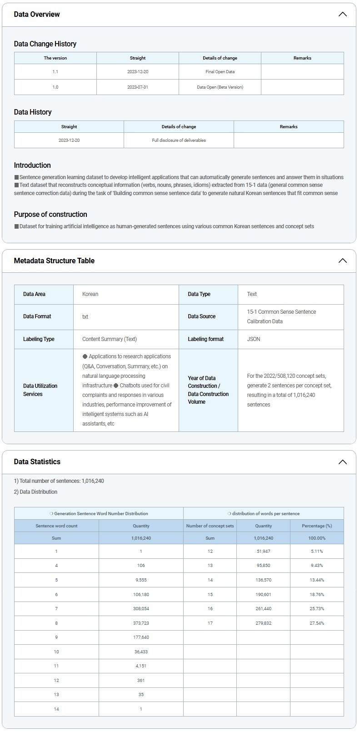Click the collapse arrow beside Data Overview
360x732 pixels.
click(x=343, y=14)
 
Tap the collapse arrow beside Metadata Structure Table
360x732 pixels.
click(x=343, y=261)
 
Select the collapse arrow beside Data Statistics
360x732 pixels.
click(x=343, y=462)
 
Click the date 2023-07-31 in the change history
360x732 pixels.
click(x=138, y=87)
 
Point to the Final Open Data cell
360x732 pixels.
click(x=220, y=72)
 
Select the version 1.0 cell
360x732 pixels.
click(x=55, y=87)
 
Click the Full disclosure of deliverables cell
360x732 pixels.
click(x=179, y=140)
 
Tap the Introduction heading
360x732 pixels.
click(x=32, y=165)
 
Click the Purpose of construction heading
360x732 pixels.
click(x=50, y=214)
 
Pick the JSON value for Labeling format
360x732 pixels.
click(x=254, y=339)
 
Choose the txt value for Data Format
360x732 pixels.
click(x=85, y=316)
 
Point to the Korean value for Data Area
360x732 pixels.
click(x=90, y=294)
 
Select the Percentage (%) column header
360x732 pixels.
click(x=317, y=526)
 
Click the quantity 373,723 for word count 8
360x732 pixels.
click(x=141, y=623)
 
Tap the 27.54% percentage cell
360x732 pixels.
click(x=317, y=623)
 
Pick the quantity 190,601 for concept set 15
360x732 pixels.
click(x=264, y=594)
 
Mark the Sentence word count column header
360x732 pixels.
click(x=56, y=526)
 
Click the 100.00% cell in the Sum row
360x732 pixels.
click(x=317, y=538)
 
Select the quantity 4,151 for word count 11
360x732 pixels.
click(x=141, y=666)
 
